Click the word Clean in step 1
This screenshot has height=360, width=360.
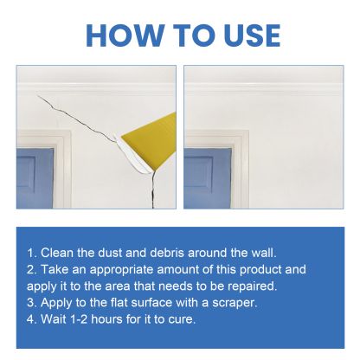pyautogui.click(x=58, y=253)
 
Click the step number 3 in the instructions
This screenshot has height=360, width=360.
pyautogui.click(x=30, y=302)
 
